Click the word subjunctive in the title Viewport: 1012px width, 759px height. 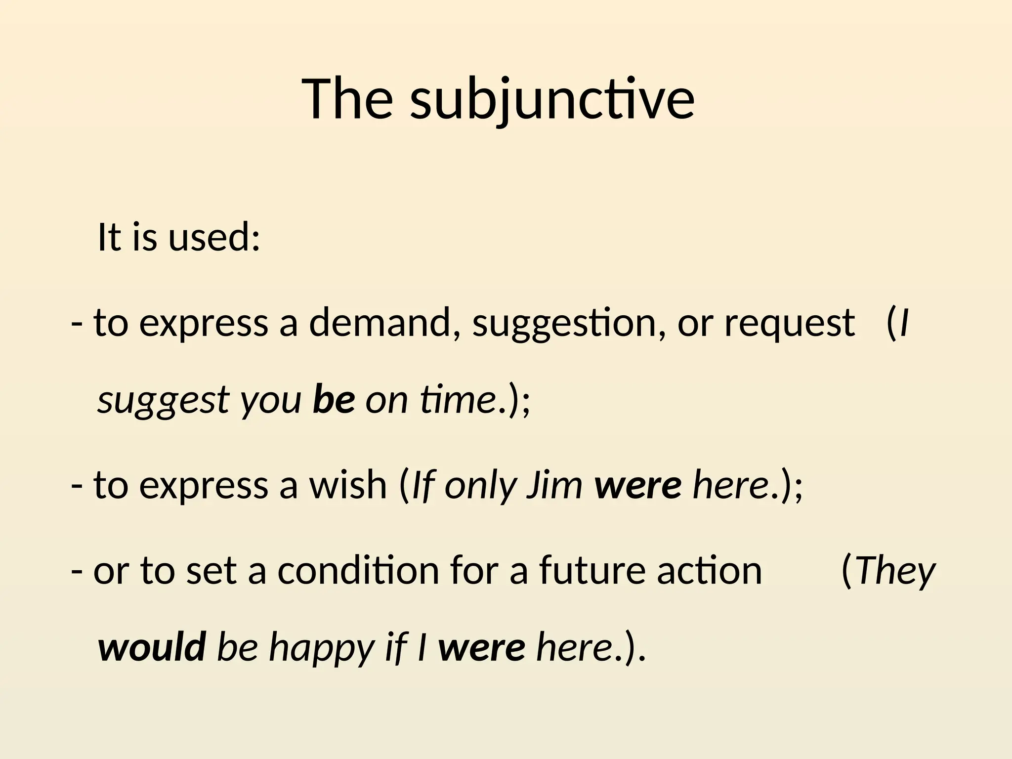coord(552,100)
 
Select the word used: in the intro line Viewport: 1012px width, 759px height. coord(214,237)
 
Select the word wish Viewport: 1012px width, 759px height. coord(348,485)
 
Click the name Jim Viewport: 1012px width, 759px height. coord(555,485)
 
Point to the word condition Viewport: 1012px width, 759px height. coord(358,571)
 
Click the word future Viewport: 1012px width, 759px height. coord(592,571)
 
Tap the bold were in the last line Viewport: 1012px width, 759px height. coord(482,648)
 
